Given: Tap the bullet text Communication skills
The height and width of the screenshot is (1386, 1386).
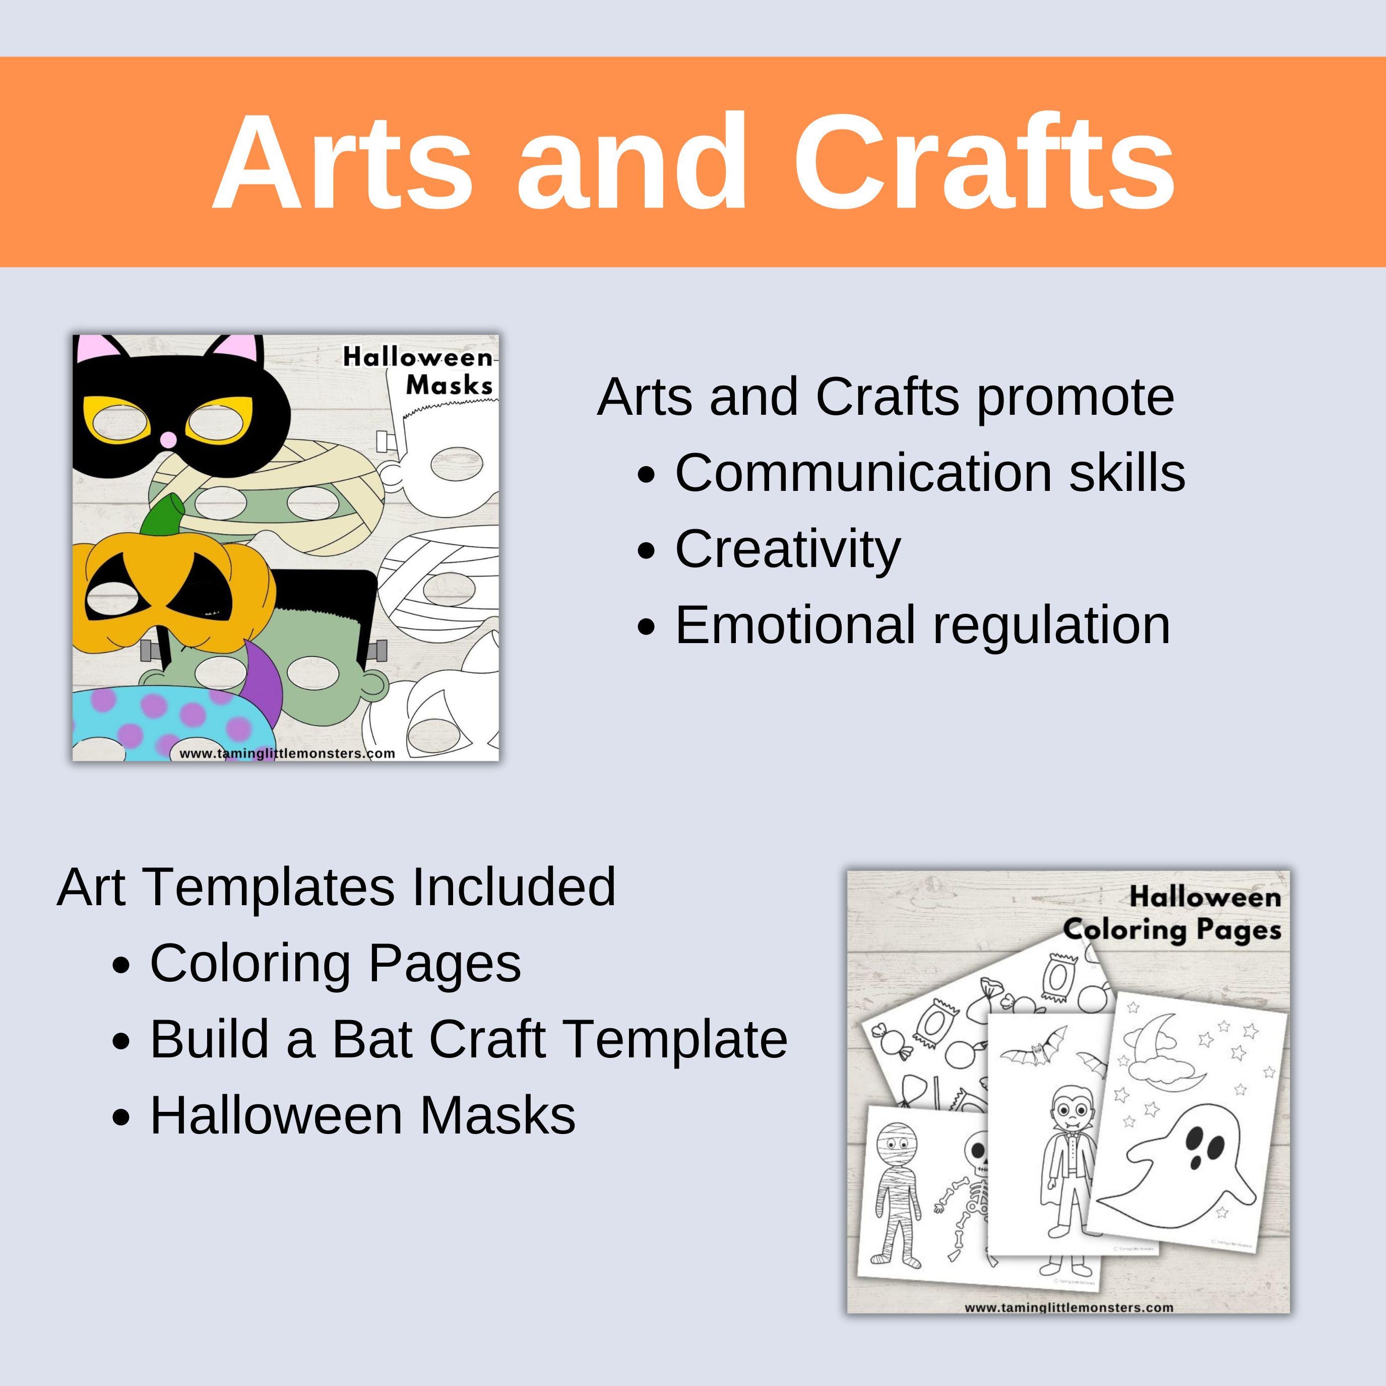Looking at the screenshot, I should tap(930, 473).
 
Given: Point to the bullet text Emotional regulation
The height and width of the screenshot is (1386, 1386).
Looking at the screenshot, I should tap(922, 625).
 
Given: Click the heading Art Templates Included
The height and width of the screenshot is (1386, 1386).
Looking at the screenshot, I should tap(336, 888).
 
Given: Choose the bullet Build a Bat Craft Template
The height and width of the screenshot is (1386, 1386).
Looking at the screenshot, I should tap(468, 1039).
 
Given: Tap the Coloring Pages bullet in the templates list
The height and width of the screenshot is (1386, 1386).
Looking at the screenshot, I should tap(335, 964).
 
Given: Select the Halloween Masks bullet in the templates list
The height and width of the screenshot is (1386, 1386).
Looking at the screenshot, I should tap(362, 1115).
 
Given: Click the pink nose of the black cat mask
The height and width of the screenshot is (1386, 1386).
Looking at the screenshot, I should tap(167, 439).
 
